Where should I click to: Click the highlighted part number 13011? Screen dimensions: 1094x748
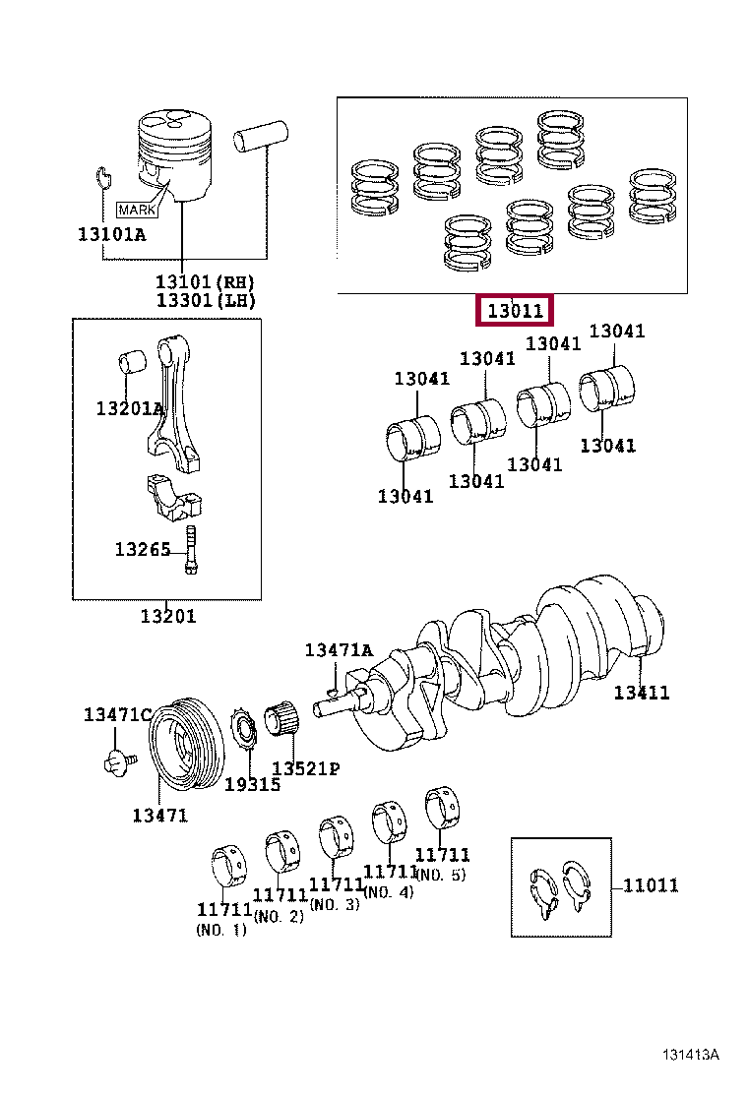516,311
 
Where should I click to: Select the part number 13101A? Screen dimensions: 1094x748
111,234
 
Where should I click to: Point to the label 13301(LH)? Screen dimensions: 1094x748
206,300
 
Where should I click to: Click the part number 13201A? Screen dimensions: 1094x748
129,408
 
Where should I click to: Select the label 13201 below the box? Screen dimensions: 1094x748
167,616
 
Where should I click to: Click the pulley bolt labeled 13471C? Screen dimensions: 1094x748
117,760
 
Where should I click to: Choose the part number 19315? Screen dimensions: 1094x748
252,784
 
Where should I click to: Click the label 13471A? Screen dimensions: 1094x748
339,650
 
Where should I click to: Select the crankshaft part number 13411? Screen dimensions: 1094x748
641,693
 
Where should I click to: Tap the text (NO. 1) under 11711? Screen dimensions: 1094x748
221,930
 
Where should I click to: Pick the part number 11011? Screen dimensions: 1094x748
650,885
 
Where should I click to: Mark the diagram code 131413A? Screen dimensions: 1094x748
689,1055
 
